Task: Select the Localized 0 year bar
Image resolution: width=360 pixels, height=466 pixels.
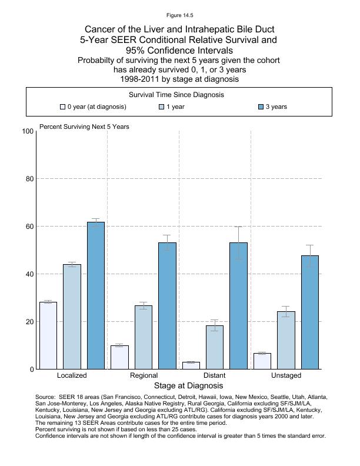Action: click(48, 335)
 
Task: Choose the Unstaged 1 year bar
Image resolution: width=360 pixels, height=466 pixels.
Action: click(286, 340)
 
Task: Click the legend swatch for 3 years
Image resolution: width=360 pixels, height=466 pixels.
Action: click(261, 107)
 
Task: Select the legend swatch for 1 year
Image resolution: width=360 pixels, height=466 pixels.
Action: click(162, 107)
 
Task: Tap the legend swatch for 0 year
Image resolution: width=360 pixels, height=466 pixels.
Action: click(62, 107)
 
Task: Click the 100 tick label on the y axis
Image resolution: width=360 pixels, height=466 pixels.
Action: click(28, 131)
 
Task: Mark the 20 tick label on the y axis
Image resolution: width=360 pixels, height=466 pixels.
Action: click(28, 322)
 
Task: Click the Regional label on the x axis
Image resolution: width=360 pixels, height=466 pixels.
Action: click(144, 375)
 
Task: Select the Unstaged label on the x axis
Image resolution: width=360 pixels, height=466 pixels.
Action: click(286, 375)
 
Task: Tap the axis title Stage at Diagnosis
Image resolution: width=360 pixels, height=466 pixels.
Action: click(188, 386)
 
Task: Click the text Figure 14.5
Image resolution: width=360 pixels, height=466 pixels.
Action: click(179, 15)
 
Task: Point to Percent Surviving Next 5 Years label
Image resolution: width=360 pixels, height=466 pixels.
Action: click(84, 127)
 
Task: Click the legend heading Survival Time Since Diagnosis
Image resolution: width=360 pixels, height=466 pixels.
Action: click(176, 95)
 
